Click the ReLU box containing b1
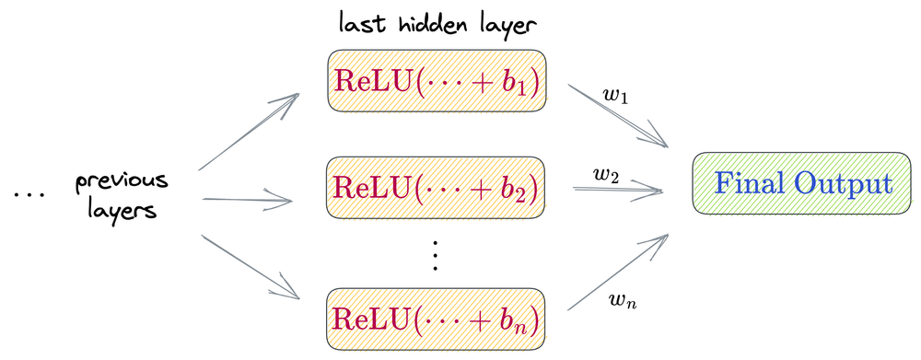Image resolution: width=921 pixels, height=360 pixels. [437, 83]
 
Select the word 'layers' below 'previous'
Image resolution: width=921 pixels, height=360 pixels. [117, 210]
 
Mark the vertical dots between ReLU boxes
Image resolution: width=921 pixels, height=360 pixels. [437, 253]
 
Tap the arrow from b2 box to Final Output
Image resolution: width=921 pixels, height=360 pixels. [617, 189]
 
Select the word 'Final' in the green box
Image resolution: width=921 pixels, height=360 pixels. [748, 183]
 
